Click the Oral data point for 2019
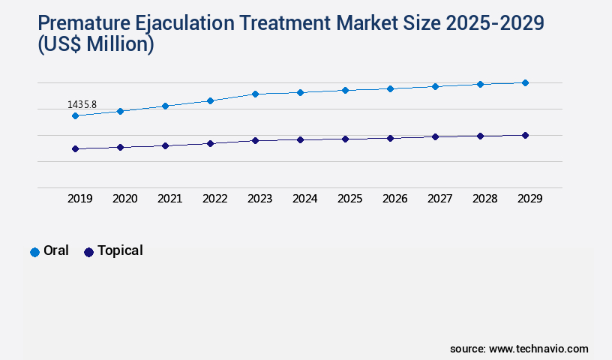tap(75, 115)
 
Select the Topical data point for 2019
tap(75, 148)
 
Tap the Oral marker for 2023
tap(255, 94)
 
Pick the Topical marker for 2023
tap(255, 140)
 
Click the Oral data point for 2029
tap(525, 82)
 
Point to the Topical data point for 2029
tap(525, 135)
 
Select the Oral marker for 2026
tap(390, 88)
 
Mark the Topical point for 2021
tap(165, 145)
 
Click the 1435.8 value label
tap(82, 104)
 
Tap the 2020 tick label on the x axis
tap(124, 199)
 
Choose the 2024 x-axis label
tap(304, 199)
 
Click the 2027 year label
tap(439, 199)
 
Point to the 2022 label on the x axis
tap(214, 199)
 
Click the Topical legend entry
tap(113, 251)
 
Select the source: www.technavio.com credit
tap(519, 349)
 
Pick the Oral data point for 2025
tap(345, 90)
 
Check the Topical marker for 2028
tap(480, 136)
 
